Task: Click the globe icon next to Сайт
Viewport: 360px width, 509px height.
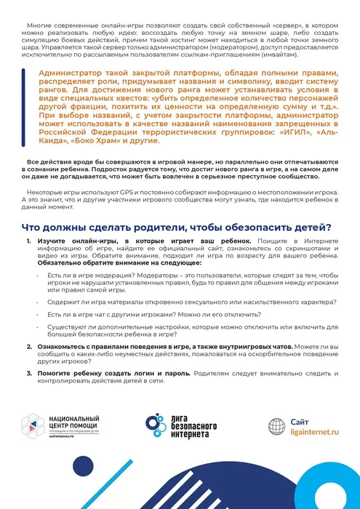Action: (279, 426)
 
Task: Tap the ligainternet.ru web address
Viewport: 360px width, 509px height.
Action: (315, 431)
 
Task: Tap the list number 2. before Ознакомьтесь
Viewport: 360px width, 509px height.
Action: (30, 347)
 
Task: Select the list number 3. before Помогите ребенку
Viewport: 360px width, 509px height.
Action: (30, 373)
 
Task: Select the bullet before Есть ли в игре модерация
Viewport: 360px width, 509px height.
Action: (39, 277)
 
